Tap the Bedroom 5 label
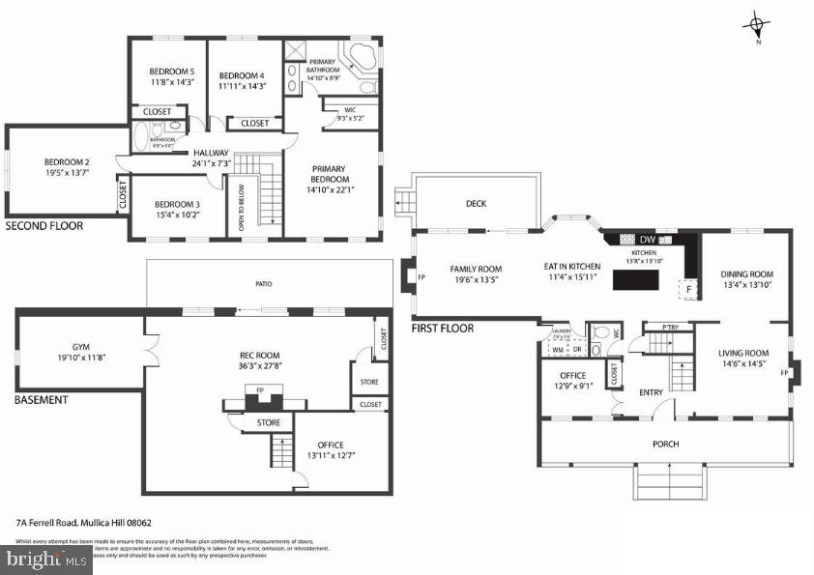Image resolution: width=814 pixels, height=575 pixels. [171, 72]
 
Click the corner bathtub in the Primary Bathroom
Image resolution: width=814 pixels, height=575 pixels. [361, 57]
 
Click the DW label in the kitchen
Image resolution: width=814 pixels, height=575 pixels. [648, 240]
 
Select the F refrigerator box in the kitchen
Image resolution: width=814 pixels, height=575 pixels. [689, 288]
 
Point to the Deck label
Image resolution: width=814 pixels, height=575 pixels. [475, 204]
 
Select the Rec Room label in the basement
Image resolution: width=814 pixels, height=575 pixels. [259, 354]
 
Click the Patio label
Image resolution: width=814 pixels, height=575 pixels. [264, 284]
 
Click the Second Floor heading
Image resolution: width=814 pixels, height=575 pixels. [44, 226]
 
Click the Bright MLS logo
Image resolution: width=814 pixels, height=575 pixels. [45, 560]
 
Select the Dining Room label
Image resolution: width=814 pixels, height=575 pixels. [746, 274]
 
